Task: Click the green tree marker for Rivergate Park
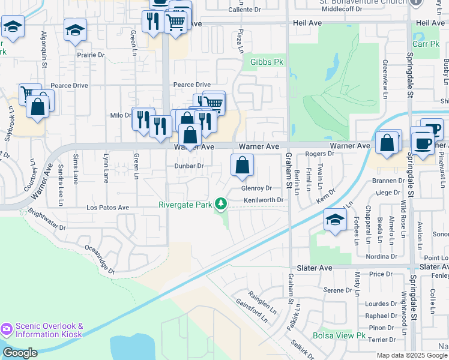[x=221, y=205]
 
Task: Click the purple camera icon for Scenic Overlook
[x=7, y=329]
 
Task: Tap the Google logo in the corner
[x=20, y=353]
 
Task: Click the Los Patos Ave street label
[x=108, y=208]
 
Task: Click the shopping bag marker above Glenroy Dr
[x=242, y=166]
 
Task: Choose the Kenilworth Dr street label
[x=262, y=199]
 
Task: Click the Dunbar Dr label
[x=189, y=166]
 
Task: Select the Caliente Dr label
[x=246, y=10]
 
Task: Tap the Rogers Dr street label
[x=319, y=154]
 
